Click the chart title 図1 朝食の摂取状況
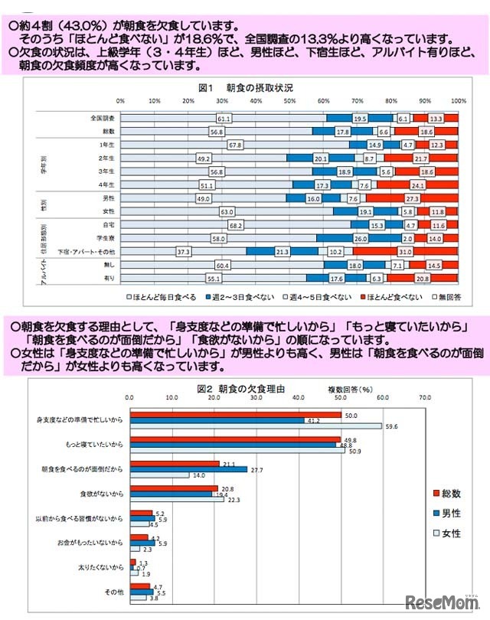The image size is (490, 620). point(245,88)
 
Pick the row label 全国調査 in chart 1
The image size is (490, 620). point(103,119)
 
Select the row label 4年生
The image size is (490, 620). point(106,184)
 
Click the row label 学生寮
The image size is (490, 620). point(105,238)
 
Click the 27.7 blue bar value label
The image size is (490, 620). point(257,468)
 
